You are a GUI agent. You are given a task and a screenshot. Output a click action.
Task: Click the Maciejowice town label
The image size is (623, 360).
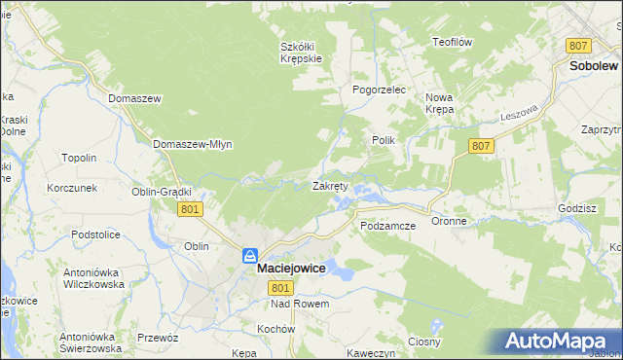pos(291,273)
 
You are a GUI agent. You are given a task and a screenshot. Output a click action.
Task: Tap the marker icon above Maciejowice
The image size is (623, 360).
pos(250,256)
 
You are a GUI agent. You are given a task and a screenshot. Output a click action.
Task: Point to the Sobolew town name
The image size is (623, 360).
pos(595,66)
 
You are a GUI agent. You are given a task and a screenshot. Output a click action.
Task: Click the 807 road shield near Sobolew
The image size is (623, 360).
pos(579,46)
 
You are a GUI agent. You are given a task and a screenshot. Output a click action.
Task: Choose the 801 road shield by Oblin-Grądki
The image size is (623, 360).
pos(191,209)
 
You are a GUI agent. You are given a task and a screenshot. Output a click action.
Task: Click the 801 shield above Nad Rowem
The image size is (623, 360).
pos(280,289)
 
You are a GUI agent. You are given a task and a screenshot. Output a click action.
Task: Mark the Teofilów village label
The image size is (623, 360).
pos(452,42)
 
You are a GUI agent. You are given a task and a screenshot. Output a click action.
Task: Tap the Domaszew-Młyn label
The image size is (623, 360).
pos(192,144)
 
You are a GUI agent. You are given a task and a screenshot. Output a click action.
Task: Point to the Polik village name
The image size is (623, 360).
pos(383,140)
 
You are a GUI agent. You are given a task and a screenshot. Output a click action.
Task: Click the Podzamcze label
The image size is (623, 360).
pos(387,225)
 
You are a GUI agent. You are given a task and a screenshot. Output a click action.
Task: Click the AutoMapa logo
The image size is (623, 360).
pos(561,341)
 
